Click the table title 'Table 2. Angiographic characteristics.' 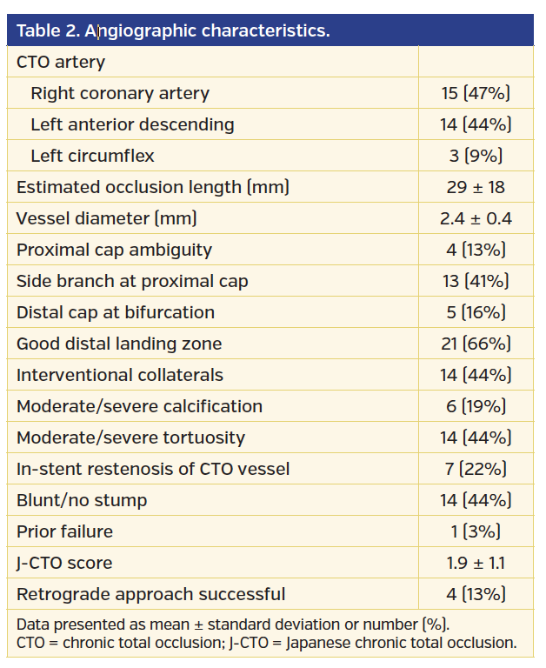coord(173,31)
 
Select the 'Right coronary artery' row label coord(120,93)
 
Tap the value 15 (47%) coord(476,93)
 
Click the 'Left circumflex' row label coord(93,156)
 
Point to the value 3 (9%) coord(476,156)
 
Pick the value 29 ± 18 coord(476,187)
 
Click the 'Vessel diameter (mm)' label coord(107,218)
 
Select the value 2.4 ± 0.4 coord(476,218)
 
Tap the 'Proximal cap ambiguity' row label coord(114,250)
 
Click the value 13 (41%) coord(476,281)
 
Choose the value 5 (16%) coord(476,312)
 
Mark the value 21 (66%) coord(476,344)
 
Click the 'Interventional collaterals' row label coord(120,375)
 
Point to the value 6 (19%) coord(476,406)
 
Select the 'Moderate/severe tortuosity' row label coord(130,438)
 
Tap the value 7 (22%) coord(476,469)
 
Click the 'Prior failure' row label coord(64,531)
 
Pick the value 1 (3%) coord(476,531)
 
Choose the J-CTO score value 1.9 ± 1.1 coord(476,563)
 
